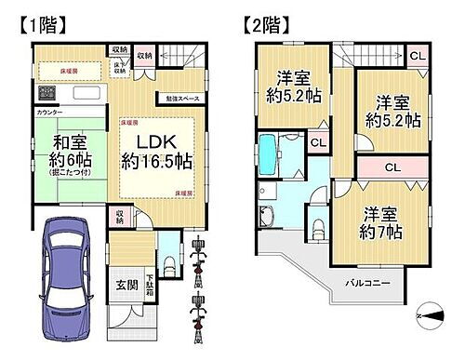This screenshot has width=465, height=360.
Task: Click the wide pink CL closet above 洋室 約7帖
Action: point(392,168)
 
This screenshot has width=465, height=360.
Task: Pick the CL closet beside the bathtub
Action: point(317,143)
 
